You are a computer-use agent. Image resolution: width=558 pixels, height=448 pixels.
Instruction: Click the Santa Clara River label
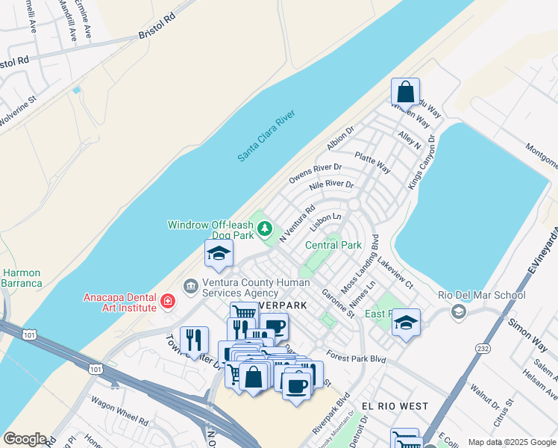coord(267,135)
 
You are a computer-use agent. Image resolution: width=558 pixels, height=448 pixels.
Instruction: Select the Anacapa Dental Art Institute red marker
coord(169,302)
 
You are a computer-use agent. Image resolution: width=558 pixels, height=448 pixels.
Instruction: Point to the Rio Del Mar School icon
coord(459,311)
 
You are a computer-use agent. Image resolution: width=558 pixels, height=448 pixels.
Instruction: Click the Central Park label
coord(333,245)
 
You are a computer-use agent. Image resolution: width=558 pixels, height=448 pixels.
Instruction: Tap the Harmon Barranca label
coord(21,278)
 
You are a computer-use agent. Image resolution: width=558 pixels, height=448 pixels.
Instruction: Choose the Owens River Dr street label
coord(315,174)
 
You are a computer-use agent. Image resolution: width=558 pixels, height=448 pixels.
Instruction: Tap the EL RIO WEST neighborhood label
coord(395,406)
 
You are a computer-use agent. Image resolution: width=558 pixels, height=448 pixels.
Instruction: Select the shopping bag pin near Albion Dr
coord(405,93)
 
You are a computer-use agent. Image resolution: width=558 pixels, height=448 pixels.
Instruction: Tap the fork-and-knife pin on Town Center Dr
coord(194,340)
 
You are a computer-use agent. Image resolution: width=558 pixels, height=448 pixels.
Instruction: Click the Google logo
coord(25,439)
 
